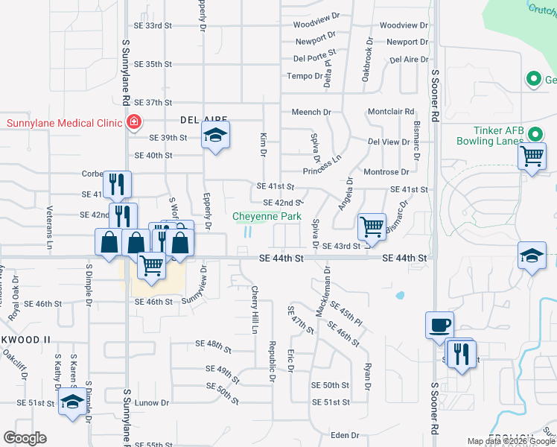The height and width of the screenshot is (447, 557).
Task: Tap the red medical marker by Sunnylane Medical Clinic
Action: tap(133, 122)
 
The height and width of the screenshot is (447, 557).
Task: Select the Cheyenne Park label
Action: tap(267, 217)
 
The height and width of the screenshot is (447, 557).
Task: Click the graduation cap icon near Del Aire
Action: tap(215, 135)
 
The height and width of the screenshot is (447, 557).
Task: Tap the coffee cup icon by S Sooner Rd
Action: tap(439, 325)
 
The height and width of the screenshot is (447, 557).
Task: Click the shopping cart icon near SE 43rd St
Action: tap(372, 226)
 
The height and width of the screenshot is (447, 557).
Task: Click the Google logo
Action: tap(25, 438)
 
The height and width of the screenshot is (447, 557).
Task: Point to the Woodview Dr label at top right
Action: tap(404, 25)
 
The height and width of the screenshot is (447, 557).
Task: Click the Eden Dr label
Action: tap(345, 435)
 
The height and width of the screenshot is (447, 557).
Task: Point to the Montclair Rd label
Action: tap(390, 112)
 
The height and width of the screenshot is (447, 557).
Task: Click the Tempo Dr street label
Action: tap(302, 76)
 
